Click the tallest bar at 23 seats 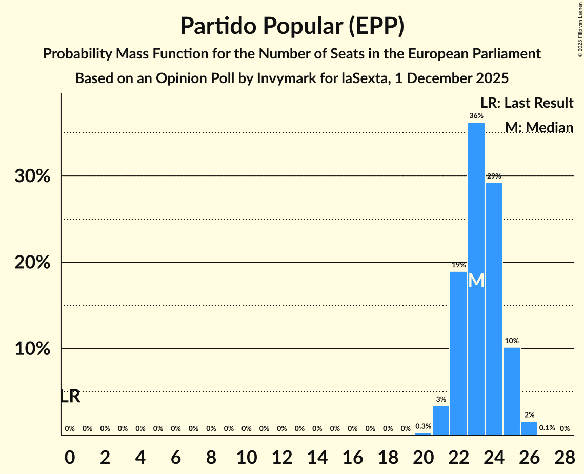tap(476, 205)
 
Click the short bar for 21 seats tap(441, 421)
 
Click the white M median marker tap(476, 280)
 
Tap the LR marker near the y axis tap(70, 396)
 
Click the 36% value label tap(476, 116)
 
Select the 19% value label tap(458, 265)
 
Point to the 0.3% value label tap(423, 426)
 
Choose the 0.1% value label tap(547, 428)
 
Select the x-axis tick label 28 tap(565, 458)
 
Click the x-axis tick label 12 tap(281, 458)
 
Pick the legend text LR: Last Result tap(527, 103)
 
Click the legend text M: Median tap(539, 127)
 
